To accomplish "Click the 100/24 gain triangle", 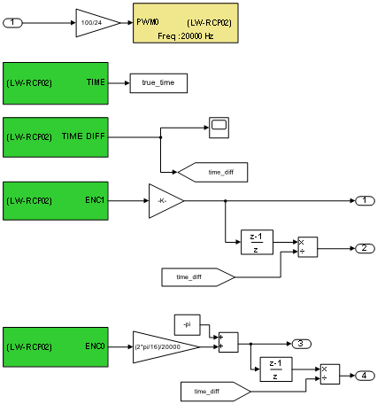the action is tap(95, 23).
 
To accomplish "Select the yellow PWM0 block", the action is tap(186, 23).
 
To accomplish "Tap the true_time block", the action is tap(158, 83).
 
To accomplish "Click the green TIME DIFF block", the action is tap(56, 137).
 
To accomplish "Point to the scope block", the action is tap(219, 128).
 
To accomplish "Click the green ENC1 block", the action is tap(56, 201).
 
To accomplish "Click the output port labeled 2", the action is tap(365, 248).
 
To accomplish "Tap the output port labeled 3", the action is tap(301, 344).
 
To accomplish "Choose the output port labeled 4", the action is tap(365, 376).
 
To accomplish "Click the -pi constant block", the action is tap(188, 325).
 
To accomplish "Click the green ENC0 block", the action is tap(56, 347).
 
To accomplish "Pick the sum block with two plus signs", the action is tap(228, 342).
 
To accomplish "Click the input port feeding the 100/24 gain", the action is tap(12, 23).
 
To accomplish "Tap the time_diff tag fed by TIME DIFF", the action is tap(212, 172).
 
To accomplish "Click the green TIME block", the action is tap(56, 83).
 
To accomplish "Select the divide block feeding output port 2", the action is tap(308, 247).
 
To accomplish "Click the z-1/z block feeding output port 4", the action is tap(276, 369).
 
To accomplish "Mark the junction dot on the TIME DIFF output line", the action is tap(160, 137).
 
